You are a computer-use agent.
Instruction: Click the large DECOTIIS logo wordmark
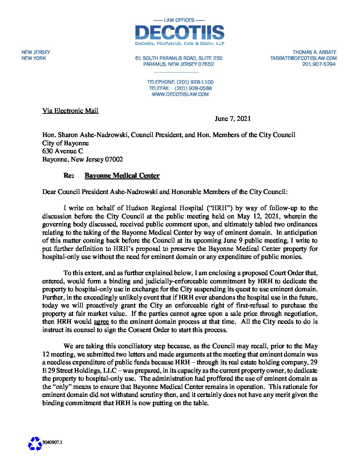(x=179, y=32)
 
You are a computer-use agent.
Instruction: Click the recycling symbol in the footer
(x=35, y=443)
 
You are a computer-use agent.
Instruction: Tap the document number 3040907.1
(x=52, y=442)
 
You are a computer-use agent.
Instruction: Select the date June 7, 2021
(x=233, y=118)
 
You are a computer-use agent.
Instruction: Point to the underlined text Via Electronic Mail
(x=70, y=111)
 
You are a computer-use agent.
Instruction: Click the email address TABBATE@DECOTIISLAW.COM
(x=303, y=58)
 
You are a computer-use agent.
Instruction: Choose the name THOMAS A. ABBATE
(x=314, y=52)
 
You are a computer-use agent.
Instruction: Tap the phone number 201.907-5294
(x=319, y=64)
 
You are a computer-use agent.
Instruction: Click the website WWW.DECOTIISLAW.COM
(x=180, y=94)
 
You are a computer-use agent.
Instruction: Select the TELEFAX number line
(x=180, y=88)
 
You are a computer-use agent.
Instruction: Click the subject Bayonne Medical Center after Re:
(x=122, y=175)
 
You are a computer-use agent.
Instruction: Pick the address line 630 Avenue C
(x=63, y=151)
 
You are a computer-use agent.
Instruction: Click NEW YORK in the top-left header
(x=34, y=58)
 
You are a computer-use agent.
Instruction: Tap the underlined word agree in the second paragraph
(x=101, y=321)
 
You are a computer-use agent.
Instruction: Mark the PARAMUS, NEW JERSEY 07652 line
(x=178, y=64)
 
